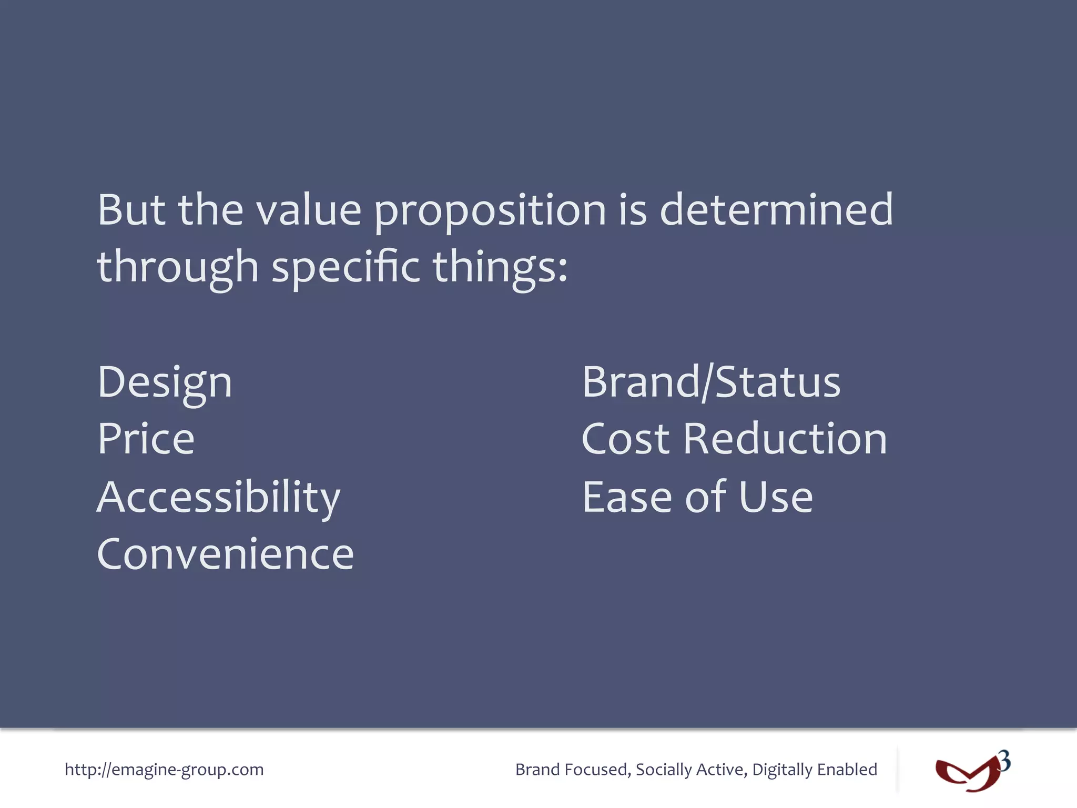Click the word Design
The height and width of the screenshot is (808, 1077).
(x=165, y=382)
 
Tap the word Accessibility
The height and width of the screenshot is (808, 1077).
(x=219, y=497)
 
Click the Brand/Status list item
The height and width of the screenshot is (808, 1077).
(x=711, y=382)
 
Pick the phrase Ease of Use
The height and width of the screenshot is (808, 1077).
(x=697, y=497)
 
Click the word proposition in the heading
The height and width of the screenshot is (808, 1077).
(x=490, y=210)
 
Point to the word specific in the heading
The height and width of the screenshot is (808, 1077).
(x=346, y=267)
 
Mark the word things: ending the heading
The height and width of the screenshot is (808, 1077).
(x=500, y=267)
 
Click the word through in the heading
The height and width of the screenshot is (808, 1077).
(x=178, y=267)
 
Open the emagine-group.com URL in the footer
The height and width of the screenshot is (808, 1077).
(x=164, y=770)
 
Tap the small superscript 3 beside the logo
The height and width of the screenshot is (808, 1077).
(x=1004, y=761)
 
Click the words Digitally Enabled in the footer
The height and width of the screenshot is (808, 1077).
(x=815, y=770)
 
